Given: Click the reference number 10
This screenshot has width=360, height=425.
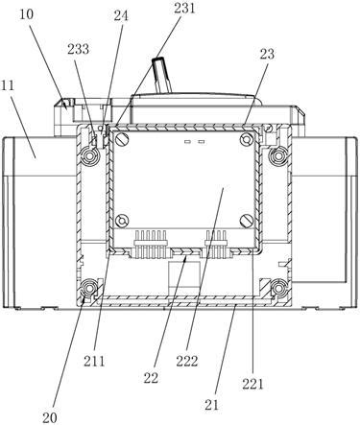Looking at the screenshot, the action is pyautogui.click(x=27, y=14).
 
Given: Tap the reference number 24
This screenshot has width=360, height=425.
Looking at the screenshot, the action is pyautogui.click(x=121, y=16).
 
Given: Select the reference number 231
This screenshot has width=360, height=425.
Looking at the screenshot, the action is pyautogui.click(x=184, y=9).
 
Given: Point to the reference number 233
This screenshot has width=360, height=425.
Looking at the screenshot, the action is pyautogui.click(x=78, y=49).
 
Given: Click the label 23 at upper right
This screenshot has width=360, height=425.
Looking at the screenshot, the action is pyautogui.click(x=267, y=54).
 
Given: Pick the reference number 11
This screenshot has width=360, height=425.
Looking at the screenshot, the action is pyautogui.click(x=8, y=85).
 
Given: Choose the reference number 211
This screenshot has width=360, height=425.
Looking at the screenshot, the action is pyautogui.click(x=94, y=361).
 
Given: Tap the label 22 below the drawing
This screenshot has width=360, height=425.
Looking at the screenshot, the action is pyautogui.click(x=151, y=378).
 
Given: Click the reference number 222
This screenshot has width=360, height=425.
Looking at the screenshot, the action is pyautogui.click(x=187, y=362).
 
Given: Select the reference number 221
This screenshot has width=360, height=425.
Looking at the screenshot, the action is pyautogui.click(x=252, y=384).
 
